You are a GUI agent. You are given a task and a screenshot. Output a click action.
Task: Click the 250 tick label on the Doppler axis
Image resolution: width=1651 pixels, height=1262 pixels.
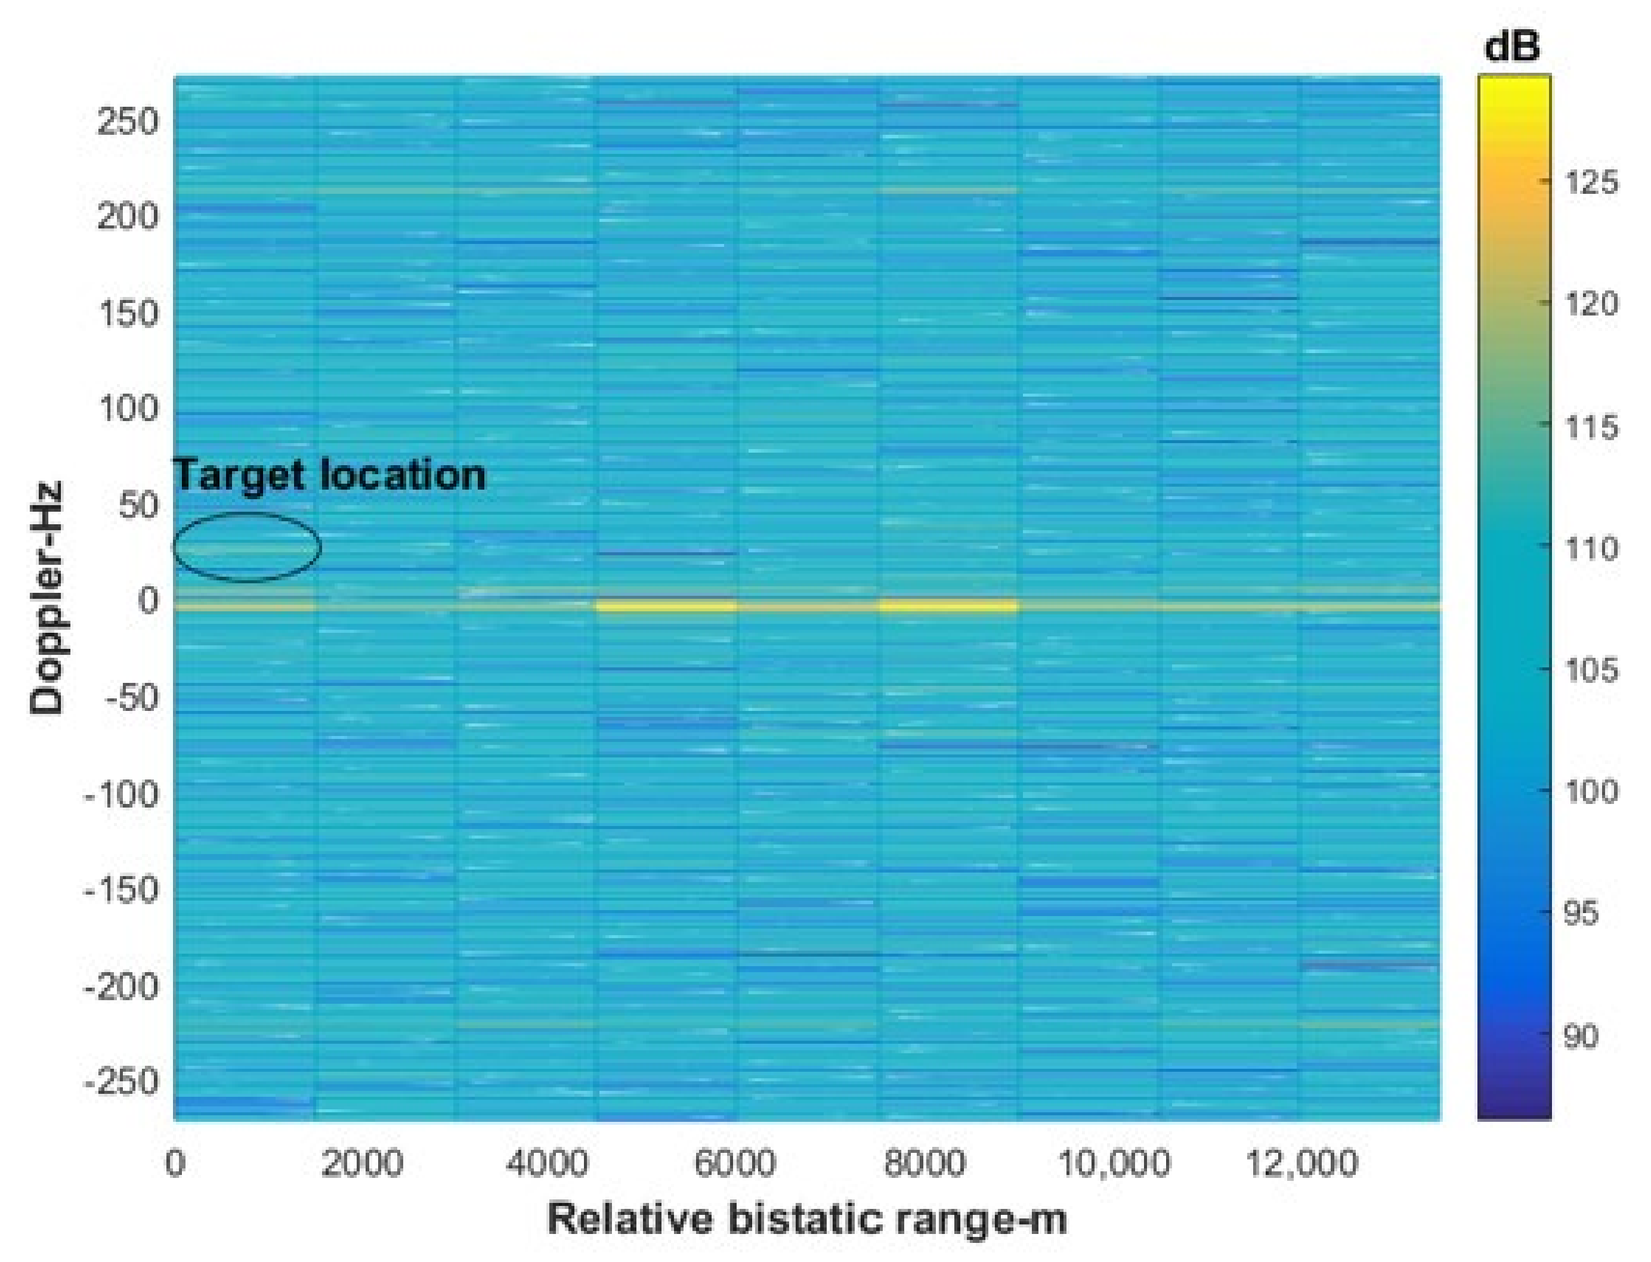pyautogui.click(x=128, y=121)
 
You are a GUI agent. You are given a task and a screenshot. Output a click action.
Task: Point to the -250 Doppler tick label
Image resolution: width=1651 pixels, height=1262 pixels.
pyautogui.click(x=122, y=1082)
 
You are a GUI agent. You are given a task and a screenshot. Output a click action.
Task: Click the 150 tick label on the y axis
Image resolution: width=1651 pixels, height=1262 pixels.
pyautogui.click(x=128, y=313)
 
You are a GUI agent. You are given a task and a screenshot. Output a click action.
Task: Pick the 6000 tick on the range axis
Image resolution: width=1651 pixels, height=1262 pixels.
pyautogui.click(x=734, y=1164)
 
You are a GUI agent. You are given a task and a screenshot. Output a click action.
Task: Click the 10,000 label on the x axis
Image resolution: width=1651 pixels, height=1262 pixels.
pyautogui.click(x=1113, y=1164)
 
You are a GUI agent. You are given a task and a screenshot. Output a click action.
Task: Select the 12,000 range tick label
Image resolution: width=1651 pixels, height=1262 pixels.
pyautogui.click(x=1301, y=1164)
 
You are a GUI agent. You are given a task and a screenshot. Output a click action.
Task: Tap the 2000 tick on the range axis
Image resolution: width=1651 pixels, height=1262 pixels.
pyautogui.click(x=362, y=1164)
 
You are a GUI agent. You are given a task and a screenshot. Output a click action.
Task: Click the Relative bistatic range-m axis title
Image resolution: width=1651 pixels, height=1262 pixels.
pyautogui.click(x=807, y=1218)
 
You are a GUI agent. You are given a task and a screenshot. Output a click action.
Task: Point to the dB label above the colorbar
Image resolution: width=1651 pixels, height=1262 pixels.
pyautogui.click(x=1512, y=47)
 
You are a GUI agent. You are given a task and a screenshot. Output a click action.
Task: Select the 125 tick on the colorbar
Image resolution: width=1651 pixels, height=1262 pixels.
pyautogui.click(x=1591, y=183)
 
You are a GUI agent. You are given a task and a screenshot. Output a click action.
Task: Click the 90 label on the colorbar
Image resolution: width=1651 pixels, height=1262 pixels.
pyautogui.click(x=1581, y=1037)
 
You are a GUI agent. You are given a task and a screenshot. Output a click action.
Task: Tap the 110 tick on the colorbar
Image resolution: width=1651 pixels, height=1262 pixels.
pyautogui.click(x=1591, y=548)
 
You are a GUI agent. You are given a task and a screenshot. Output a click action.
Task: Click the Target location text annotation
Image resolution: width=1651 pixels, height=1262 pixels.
pyautogui.click(x=329, y=475)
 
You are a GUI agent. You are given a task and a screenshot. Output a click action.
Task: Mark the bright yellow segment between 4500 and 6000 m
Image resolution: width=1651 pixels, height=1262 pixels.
pyautogui.click(x=666, y=605)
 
